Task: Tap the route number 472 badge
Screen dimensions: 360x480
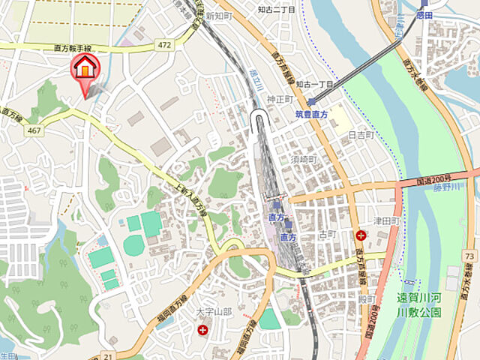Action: (165, 46)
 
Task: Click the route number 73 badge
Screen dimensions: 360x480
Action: (469, 256)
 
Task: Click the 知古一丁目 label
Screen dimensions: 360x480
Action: (313, 84)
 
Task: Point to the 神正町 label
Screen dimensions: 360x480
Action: (278, 100)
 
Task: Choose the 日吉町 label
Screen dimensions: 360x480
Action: (361, 135)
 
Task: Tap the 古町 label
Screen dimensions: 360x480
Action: (328, 235)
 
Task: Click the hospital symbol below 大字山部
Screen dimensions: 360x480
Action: (202, 329)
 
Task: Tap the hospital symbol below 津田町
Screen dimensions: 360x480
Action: (360, 235)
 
